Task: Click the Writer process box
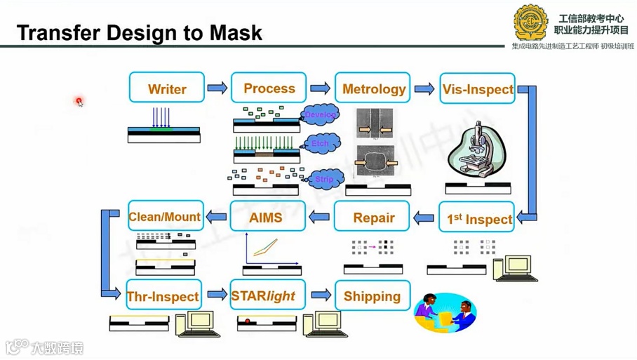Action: point(167,88)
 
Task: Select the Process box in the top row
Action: point(269,88)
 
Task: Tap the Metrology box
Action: point(373,88)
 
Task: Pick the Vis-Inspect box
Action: point(477,89)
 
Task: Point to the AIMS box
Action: point(267,218)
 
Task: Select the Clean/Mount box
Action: point(165,217)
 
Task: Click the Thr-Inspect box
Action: point(163,296)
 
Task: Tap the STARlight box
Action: point(267,295)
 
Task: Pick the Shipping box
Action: point(372,295)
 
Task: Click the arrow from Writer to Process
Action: point(217,88)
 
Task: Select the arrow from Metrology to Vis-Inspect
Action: point(424,89)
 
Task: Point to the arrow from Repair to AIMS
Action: point(320,218)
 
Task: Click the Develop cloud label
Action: point(320,114)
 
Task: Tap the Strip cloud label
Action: point(323,179)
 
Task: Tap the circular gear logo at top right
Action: point(530,22)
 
